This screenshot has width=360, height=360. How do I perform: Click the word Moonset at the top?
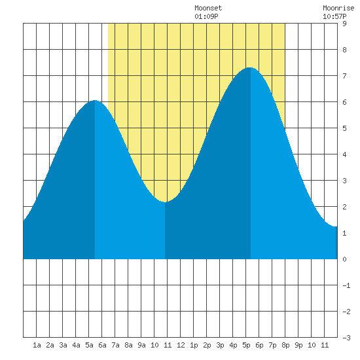(208, 8)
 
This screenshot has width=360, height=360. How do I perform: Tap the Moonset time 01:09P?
(206, 16)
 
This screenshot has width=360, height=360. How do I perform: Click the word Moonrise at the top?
(338, 8)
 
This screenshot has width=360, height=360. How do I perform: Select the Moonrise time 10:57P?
(334, 16)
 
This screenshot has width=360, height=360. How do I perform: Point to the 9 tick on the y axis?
(344, 24)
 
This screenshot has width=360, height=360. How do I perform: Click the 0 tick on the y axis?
(344, 259)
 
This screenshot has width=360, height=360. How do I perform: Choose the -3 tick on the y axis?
(346, 338)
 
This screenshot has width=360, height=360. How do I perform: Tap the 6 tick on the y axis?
(344, 102)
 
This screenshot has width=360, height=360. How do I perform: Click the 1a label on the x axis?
(37, 345)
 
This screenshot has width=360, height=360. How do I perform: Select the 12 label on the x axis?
(181, 345)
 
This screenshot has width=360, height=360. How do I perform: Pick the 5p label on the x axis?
(246, 345)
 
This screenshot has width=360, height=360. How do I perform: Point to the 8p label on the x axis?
(285, 345)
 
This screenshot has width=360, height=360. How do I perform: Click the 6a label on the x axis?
(102, 345)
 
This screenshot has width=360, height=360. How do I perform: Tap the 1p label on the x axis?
(194, 345)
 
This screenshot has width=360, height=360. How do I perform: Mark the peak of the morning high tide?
(95, 101)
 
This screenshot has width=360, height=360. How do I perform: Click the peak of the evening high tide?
(249, 67)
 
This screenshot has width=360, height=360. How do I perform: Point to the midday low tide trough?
(165, 202)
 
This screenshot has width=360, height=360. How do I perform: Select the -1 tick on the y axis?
(346, 285)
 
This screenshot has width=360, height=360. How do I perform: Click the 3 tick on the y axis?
(344, 181)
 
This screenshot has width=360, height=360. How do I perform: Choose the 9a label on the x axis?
(141, 345)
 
